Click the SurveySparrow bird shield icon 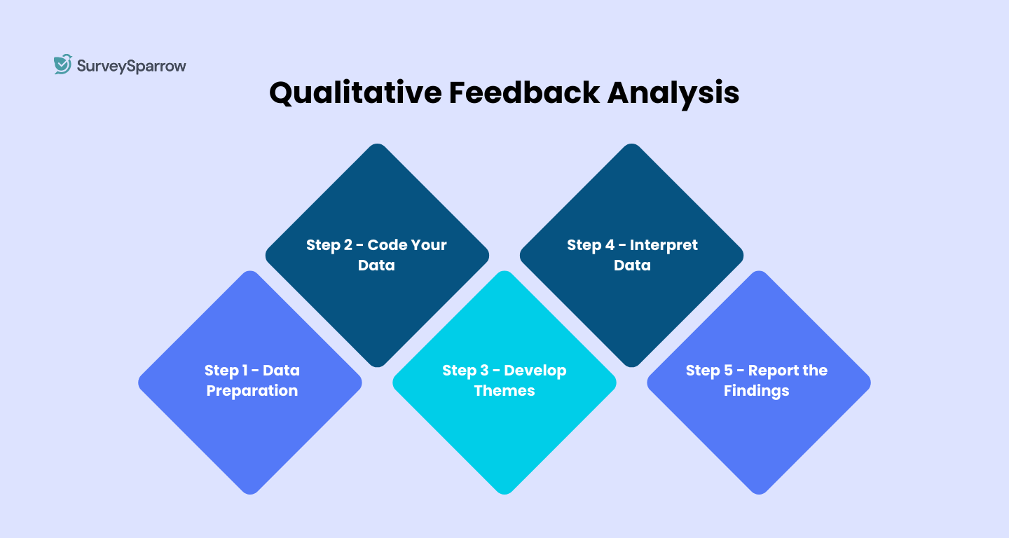pyautogui.click(x=63, y=64)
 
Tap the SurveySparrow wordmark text pyautogui.click(x=131, y=67)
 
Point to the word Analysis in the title pyautogui.click(x=673, y=93)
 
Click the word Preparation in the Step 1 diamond pyautogui.click(x=252, y=391)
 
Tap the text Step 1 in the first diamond pyautogui.click(x=226, y=371)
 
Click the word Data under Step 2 pyautogui.click(x=376, y=265)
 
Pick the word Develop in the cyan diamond pyautogui.click(x=535, y=371)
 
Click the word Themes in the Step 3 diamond pyautogui.click(x=504, y=391)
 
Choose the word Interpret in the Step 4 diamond pyautogui.click(x=664, y=245)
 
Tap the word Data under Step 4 pyautogui.click(x=632, y=265)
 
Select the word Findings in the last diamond pyautogui.click(x=757, y=391)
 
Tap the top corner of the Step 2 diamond pyautogui.click(x=377, y=146)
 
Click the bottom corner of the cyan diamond pyautogui.click(x=504, y=492)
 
